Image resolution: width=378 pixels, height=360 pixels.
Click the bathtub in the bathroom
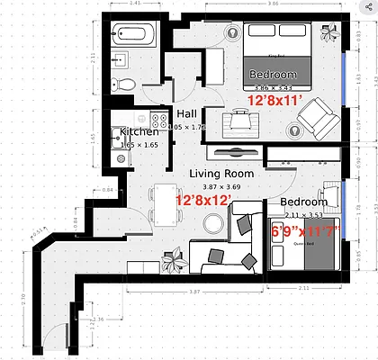pyautogui.click(x=134, y=37)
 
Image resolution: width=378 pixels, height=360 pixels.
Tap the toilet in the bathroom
pyautogui.click(x=128, y=84)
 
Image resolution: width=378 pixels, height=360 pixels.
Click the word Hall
pyautogui.click(x=187, y=114)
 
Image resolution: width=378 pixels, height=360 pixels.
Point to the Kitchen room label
pyautogui.click(x=139, y=132)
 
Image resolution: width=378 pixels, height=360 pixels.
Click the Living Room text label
pyautogui.click(x=220, y=173)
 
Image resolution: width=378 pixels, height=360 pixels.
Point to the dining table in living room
pyautogui.click(x=163, y=206)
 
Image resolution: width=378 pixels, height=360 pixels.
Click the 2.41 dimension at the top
pyautogui.click(x=135, y=4)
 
